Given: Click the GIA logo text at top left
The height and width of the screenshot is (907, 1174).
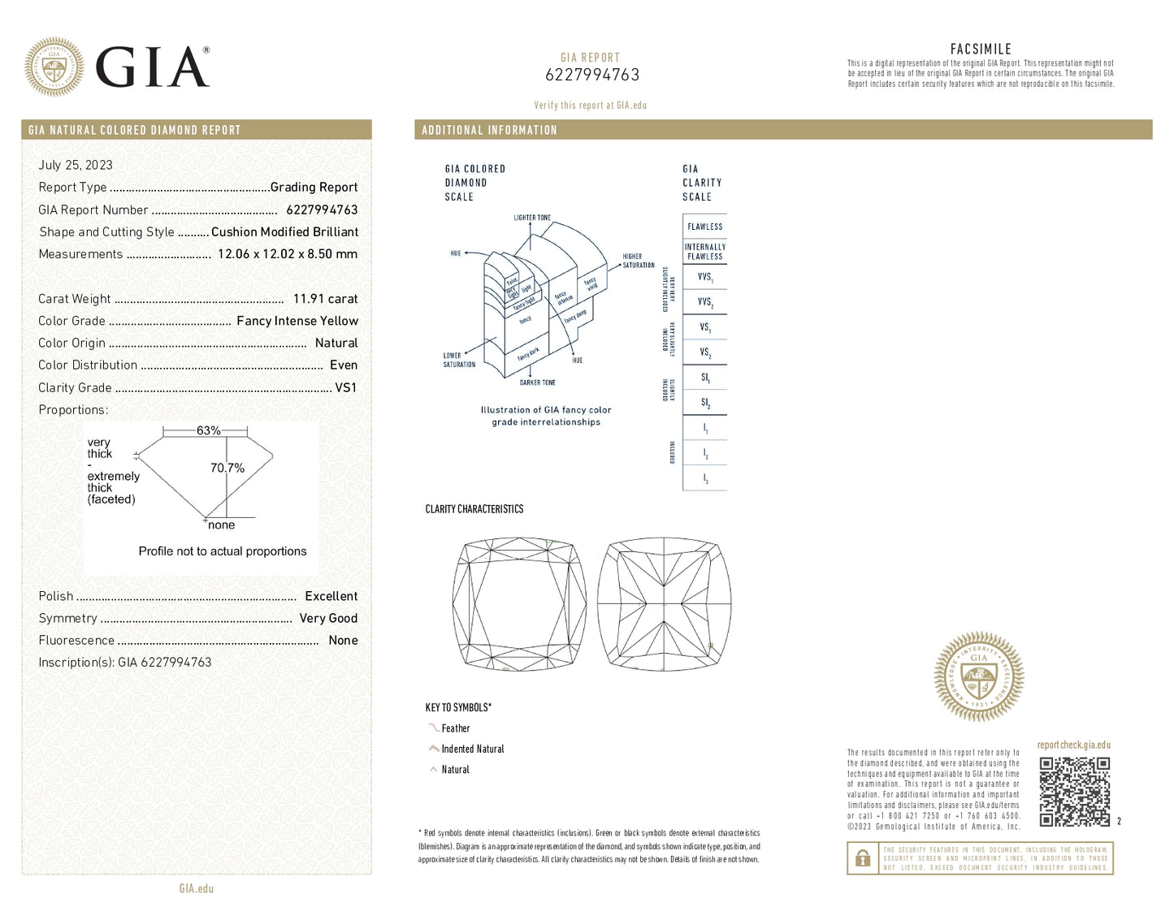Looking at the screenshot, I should (152, 67).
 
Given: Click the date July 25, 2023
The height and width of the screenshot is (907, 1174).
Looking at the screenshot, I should (76, 165).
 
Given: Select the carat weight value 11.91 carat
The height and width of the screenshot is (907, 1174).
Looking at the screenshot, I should (325, 299).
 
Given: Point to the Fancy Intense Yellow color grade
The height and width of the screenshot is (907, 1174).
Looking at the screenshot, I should (297, 321).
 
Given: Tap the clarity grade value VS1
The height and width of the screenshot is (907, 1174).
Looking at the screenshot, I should (345, 387).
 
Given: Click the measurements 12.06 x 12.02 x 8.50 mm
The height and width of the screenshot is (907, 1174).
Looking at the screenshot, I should (287, 254).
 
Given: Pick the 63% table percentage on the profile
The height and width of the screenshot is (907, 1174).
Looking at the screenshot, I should (208, 430).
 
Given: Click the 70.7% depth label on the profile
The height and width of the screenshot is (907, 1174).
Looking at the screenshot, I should (227, 468).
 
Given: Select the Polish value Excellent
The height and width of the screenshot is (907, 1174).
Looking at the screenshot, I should (331, 596).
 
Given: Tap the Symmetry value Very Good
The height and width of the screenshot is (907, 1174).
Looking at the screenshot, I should (328, 618).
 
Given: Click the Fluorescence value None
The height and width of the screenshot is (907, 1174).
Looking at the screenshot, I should (343, 640).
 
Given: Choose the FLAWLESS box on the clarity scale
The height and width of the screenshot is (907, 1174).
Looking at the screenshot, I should (704, 227).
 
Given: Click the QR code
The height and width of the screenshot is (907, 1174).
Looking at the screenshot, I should (1074, 792).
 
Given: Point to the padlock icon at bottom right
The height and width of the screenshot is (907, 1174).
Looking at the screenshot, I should (863, 858).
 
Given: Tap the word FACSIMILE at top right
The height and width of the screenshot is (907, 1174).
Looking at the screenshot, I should (981, 49).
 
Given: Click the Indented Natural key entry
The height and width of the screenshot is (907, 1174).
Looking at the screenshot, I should (472, 749).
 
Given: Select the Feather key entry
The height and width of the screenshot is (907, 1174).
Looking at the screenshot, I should (455, 728).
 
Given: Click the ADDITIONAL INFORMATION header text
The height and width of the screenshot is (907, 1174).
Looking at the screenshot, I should (489, 130).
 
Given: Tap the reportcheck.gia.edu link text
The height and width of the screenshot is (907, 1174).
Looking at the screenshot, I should (1073, 745).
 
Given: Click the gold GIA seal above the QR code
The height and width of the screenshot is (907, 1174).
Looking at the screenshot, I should (979, 676).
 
